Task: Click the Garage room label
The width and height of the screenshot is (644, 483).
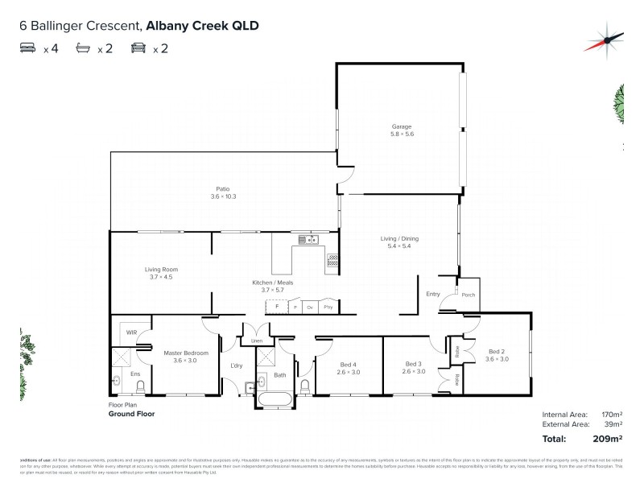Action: click(402, 126)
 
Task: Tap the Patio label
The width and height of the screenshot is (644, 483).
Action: click(223, 188)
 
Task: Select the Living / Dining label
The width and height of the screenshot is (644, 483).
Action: click(400, 238)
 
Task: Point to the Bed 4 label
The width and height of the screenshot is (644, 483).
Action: click(348, 364)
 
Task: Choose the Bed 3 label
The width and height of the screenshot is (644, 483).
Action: click(412, 364)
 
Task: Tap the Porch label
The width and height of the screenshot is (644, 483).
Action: click(469, 295)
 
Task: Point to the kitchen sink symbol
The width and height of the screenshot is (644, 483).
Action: click(308, 239)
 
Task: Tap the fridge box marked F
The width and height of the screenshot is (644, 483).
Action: click(277, 307)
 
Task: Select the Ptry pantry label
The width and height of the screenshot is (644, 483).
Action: click(328, 308)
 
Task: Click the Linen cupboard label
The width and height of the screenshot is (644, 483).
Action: click(257, 341)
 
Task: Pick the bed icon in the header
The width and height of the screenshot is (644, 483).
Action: click(27, 48)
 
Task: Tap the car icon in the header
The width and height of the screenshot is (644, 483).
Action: click(138, 48)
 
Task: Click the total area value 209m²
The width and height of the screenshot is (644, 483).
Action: click(610, 440)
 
